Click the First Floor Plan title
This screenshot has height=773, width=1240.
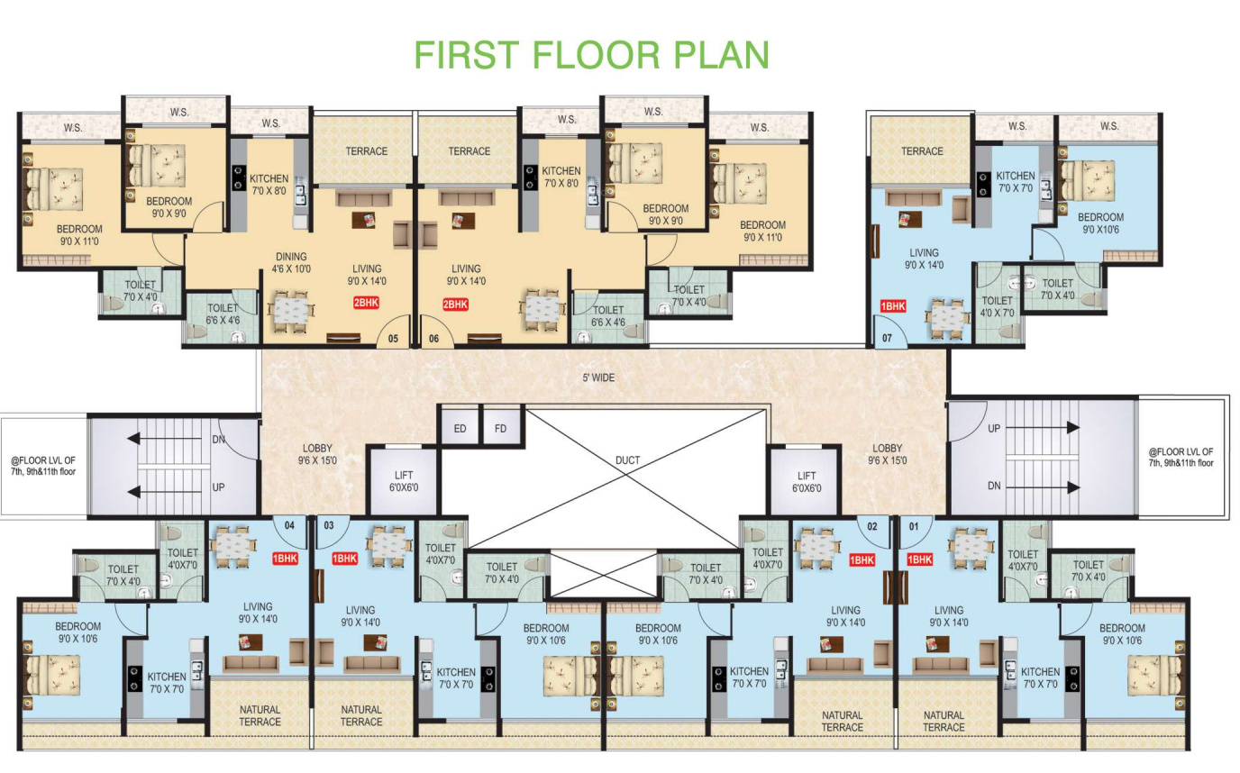point(591,54)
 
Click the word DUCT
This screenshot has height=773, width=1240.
point(627,460)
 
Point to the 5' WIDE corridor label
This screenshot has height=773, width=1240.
point(598,377)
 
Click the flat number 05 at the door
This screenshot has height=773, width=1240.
point(393,339)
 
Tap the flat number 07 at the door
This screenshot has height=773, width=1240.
point(887,338)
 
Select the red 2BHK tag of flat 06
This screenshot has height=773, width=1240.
point(455,305)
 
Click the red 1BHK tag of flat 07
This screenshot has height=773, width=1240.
point(893,306)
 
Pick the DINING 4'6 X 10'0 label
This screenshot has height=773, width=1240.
point(291,263)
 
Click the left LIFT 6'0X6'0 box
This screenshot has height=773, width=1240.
point(404,481)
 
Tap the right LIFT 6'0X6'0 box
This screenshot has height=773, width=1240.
point(807,482)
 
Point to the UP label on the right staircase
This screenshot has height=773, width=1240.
point(994,428)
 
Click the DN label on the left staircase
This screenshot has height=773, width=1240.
point(219,440)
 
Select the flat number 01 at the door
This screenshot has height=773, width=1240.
point(914,526)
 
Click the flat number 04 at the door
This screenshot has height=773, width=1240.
point(289,525)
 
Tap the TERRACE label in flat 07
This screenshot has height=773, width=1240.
point(922,151)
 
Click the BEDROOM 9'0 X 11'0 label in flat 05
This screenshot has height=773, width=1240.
point(79,235)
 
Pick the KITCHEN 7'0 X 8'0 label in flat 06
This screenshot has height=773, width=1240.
point(561,177)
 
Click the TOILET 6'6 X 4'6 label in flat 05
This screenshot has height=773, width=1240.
point(223,314)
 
